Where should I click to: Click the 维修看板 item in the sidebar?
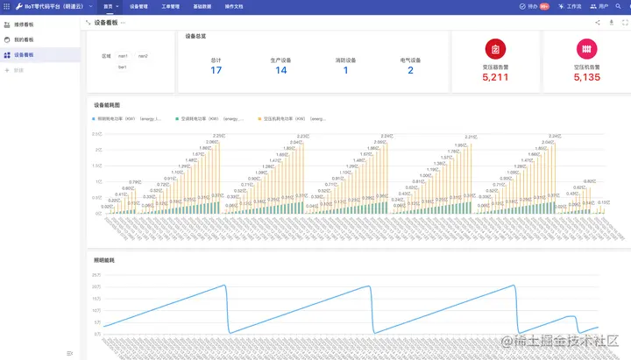coord(24,25)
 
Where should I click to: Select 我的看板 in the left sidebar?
coord(24,39)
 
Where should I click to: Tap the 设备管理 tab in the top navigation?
coord(138,6)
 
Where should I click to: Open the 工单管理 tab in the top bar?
coord(170,6)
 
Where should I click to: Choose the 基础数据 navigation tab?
coord(202,6)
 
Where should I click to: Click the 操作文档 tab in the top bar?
coord(234,6)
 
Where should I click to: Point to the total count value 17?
coord(216,70)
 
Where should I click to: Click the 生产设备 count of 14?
coord(281,70)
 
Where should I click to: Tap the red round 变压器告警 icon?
coord(495,48)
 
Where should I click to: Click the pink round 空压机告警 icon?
coord(586,48)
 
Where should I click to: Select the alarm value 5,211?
coord(495,77)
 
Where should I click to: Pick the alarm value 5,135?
coord(586,77)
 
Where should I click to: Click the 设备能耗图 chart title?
coord(106,104)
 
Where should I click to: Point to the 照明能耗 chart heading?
coord(104,260)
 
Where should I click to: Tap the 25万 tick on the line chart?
coord(96,275)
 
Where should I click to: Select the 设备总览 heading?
coord(196,37)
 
